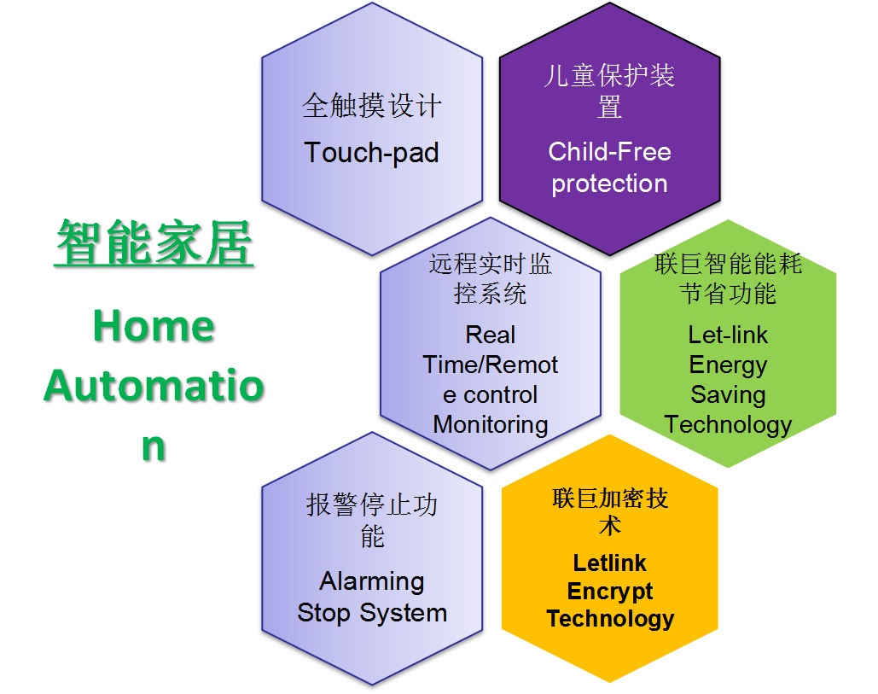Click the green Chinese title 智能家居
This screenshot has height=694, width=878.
154,242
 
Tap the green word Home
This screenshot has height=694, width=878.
154,326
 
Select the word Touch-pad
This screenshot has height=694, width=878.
371,153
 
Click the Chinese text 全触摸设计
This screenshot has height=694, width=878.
372,105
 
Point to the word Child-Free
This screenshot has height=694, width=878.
609,151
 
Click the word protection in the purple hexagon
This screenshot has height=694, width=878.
609,184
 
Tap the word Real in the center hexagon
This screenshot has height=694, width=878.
491,335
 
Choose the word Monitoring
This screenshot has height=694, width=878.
491,425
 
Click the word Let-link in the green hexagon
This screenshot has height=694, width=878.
728,335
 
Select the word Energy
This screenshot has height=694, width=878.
728,365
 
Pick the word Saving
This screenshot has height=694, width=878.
728,395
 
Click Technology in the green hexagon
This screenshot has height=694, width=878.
728,425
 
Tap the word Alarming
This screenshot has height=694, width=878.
372,581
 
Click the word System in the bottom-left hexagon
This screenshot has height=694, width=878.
403,612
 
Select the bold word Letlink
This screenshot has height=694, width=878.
610,563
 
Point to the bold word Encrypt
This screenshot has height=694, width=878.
610,592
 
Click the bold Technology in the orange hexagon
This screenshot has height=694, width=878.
610,619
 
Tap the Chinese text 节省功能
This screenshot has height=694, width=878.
728,294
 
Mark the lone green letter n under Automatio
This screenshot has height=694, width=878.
154,447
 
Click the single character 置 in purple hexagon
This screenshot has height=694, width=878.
609,107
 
